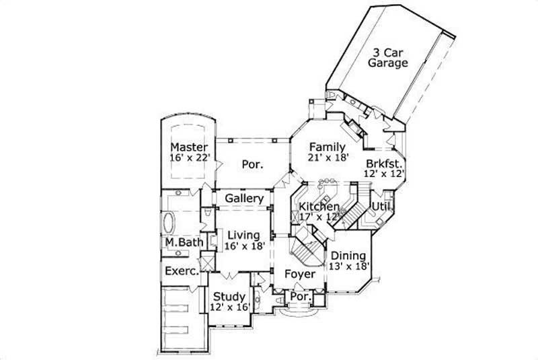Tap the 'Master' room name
pyautogui.click(x=188, y=147)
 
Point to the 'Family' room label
pyautogui.click(x=327, y=147)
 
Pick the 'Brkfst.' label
pyautogui.click(x=384, y=163)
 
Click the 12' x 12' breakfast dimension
pyautogui.click(x=385, y=174)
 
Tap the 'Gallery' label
pyautogui.click(x=243, y=199)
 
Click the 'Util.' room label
pyautogui.click(x=381, y=206)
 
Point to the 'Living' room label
pyautogui.click(x=243, y=235)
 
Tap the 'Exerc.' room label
pyautogui.click(x=182, y=271)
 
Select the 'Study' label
pyautogui.click(x=229, y=296)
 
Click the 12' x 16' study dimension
pyautogui.click(x=230, y=307)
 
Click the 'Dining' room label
pyautogui.click(x=348, y=256)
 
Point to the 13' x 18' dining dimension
pyautogui.click(x=348, y=266)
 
